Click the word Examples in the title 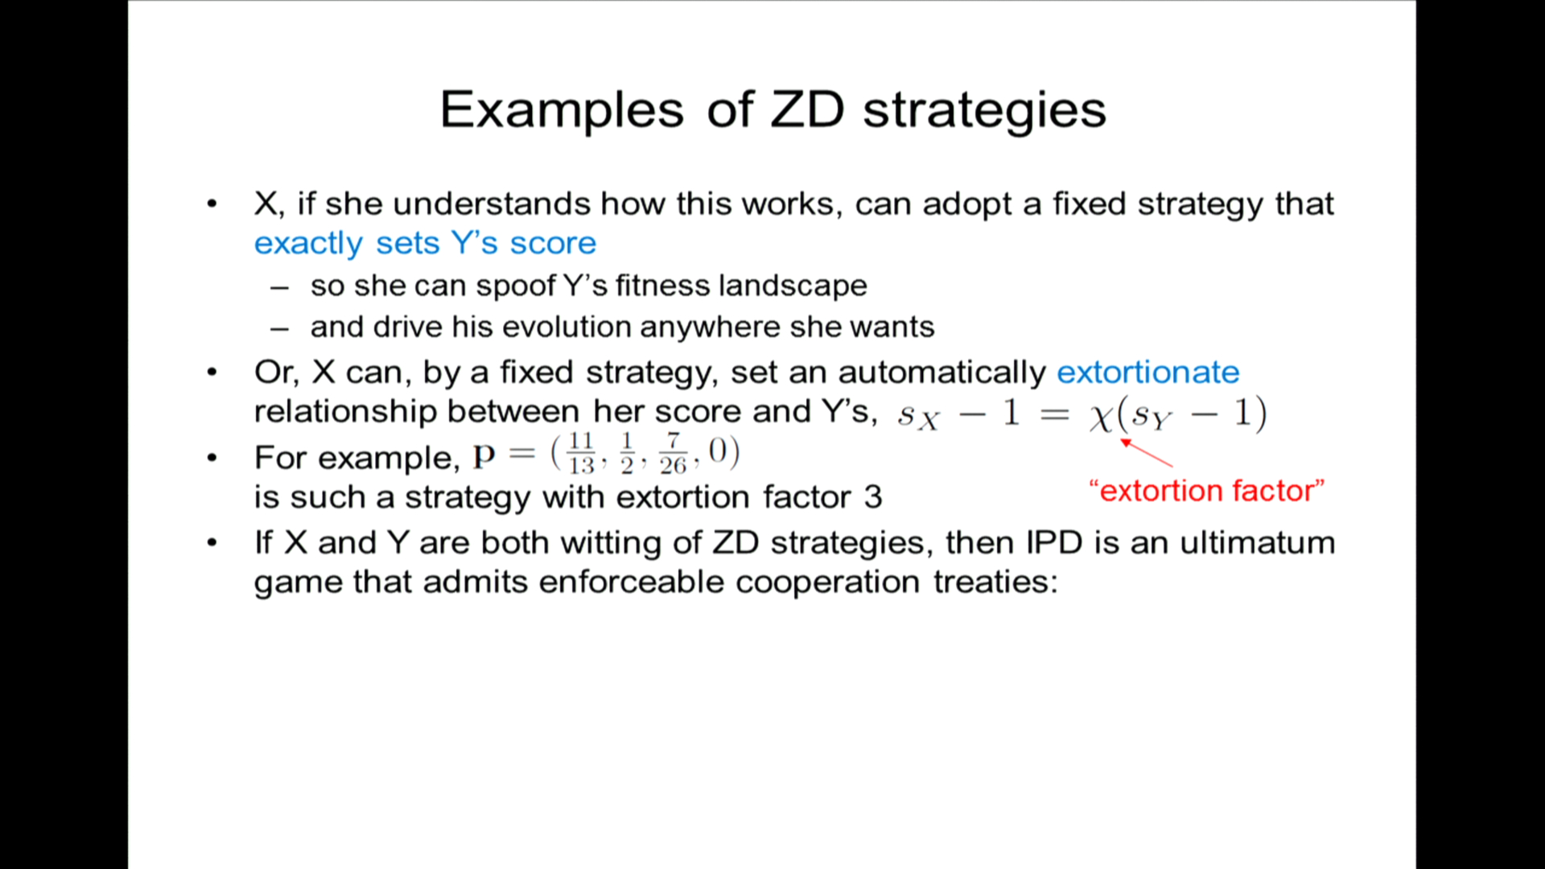[x=562, y=110]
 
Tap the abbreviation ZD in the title [x=807, y=109]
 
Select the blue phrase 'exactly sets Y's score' [x=425, y=243]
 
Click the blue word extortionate [x=1147, y=372]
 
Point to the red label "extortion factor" [x=1206, y=490]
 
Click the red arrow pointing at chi [x=1147, y=453]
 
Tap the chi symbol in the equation [x=1101, y=417]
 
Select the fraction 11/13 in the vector [x=581, y=453]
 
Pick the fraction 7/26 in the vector [x=673, y=453]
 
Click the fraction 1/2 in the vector [x=627, y=453]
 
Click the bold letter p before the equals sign [x=484, y=457]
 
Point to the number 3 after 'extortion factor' [x=873, y=497]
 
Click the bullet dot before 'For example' [x=212, y=458]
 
